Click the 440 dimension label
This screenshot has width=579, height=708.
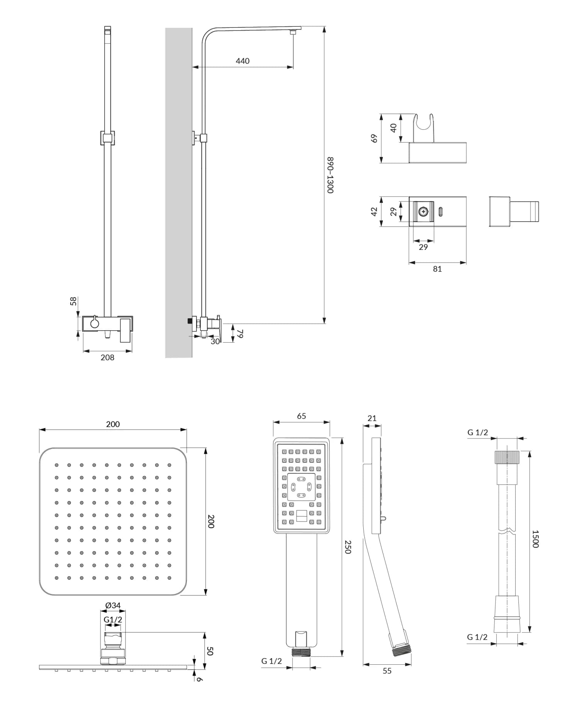242,61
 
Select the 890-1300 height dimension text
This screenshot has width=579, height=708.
330,175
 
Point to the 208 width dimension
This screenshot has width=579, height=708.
107,358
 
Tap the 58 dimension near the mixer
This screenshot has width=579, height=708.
73,301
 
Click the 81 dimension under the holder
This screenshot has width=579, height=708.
437,269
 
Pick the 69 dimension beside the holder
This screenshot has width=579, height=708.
374,138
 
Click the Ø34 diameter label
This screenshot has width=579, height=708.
113,606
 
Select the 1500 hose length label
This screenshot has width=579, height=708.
535,538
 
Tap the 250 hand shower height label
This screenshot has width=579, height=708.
347,547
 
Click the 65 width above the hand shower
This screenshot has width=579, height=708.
301,416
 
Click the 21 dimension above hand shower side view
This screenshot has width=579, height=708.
372,418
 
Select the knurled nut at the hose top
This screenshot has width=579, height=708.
506,457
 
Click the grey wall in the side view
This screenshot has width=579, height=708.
179,193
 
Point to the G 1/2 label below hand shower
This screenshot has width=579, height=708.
271,661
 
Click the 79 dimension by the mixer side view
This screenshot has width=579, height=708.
240,333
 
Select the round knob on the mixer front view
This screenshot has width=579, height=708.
94,324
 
